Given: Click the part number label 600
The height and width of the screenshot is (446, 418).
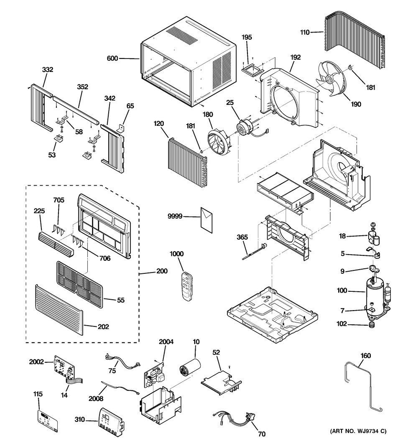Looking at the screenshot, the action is [112, 58].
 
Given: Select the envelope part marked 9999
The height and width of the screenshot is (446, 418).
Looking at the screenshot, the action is [207, 220].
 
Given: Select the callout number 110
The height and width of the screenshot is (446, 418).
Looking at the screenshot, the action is [305, 33].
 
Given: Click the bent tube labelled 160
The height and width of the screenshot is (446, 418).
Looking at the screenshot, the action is [362, 386].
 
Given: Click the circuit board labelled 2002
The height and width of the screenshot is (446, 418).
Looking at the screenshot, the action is [64, 367].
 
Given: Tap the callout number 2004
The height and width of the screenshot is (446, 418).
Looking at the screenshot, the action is [166, 342].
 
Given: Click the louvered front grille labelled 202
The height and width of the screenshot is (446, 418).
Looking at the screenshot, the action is [59, 310].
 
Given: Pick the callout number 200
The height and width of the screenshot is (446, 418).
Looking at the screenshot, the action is [162, 271].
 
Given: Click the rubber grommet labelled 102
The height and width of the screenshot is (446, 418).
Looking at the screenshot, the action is [372, 325].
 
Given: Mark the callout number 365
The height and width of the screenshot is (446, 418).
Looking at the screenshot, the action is [242, 237].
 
